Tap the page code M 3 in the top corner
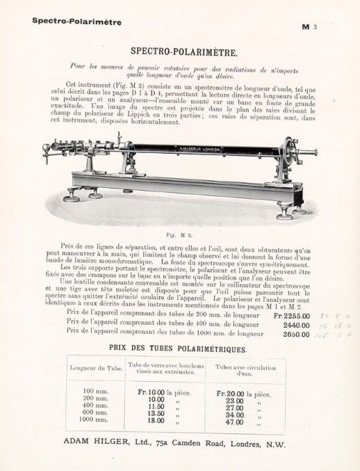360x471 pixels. pyautogui.click(x=309, y=27)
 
